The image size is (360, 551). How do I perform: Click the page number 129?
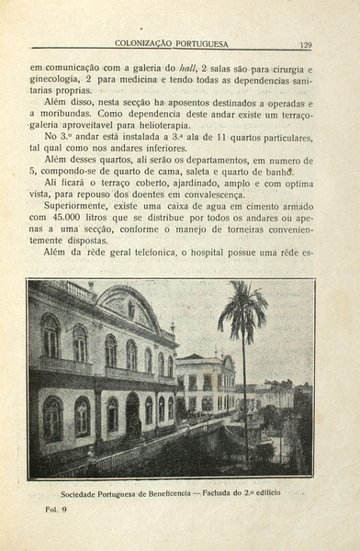click(x=306, y=43)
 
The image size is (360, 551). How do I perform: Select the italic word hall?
click(x=188, y=68)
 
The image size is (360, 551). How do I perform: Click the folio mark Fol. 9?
click(x=56, y=510)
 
